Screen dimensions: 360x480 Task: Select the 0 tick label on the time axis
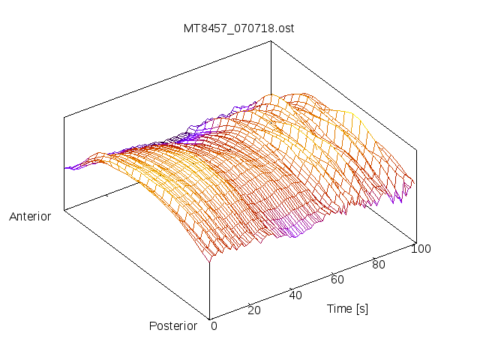pyautogui.click(x=214, y=325)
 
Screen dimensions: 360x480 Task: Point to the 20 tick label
pyautogui.click(x=253, y=310)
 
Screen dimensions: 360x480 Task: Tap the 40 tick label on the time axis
pyautogui.click(x=295, y=295)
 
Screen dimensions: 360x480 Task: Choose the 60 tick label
pyautogui.click(x=337, y=280)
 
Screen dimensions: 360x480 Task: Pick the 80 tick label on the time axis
pyautogui.click(x=379, y=264)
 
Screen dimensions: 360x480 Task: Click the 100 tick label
pyautogui.click(x=421, y=249)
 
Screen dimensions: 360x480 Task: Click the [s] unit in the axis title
pyautogui.click(x=361, y=308)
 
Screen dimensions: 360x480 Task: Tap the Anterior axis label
pyautogui.click(x=30, y=217)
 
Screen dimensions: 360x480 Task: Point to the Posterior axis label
pyautogui.click(x=173, y=325)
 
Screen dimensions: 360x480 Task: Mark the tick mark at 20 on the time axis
pyautogui.click(x=249, y=302)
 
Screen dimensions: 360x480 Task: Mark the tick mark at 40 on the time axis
pyautogui.click(x=290, y=287)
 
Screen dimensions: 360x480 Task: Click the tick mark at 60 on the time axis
pyautogui.click(x=332, y=272)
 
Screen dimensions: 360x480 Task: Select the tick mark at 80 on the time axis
pyautogui.click(x=373, y=257)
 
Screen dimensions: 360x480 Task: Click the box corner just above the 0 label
pyautogui.click(x=208, y=317)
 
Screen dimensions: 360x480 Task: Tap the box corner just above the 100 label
pyautogui.click(x=415, y=242)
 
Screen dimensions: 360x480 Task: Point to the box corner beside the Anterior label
pyautogui.click(x=64, y=210)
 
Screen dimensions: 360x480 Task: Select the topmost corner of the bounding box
pyautogui.click(x=271, y=41)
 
